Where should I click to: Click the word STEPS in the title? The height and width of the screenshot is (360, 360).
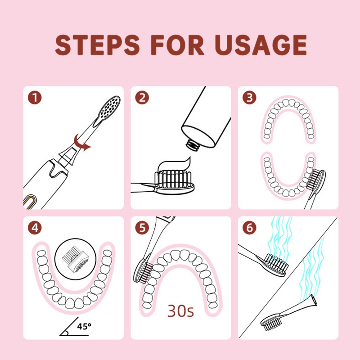(x=97, y=45)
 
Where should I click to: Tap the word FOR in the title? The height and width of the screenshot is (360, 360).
(x=177, y=45)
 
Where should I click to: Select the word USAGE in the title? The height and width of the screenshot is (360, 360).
(x=261, y=45)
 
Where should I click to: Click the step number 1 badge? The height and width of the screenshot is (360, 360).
(x=35, y=98)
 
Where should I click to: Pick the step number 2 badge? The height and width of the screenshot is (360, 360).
(x=142, y=98)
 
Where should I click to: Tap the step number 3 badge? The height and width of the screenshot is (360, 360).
(x=250, y=98)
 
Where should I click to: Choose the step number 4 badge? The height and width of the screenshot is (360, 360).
(x=35, y=228)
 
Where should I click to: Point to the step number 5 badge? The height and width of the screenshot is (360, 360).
(x=142, y=228)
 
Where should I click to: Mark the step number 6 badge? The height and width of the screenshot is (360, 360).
(x=250, y=228)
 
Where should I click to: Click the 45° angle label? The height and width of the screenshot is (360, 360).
(x=84, y=326)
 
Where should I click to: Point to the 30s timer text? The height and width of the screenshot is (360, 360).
(x=181, y=310)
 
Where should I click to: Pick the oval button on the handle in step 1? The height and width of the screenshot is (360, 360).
(x=29, y=202)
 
